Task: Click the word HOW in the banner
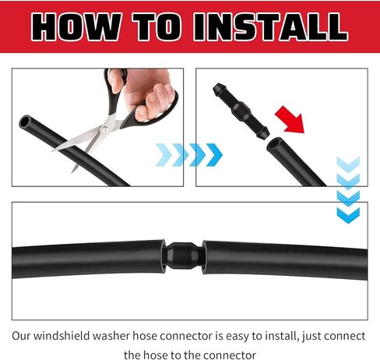76,27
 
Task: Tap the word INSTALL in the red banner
270,27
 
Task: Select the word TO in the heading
157,27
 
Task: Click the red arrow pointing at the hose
290,121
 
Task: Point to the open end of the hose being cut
25,122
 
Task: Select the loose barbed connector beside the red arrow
241,111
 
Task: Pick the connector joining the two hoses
184,256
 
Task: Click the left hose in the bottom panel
88,259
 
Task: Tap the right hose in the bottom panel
285,259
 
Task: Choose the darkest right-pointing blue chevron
214,155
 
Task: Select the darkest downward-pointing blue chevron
348,215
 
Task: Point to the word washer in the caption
111,336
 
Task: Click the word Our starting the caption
21,336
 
